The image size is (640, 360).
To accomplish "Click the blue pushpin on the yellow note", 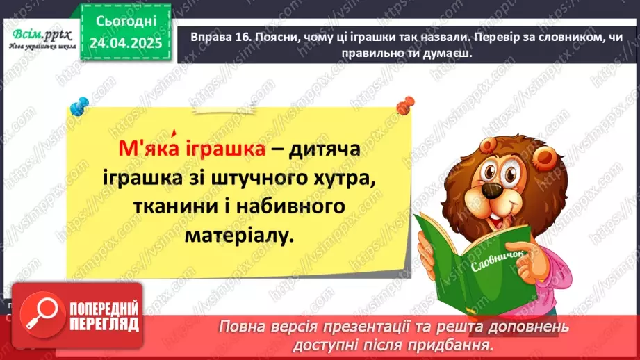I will [x=79, y=107].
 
